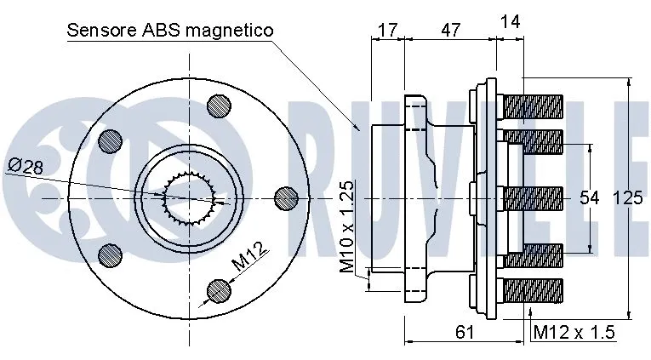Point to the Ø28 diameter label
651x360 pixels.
25,166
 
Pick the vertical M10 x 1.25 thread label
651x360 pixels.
347,226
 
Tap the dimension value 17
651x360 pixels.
388,30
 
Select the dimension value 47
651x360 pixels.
450,30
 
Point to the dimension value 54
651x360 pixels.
591,198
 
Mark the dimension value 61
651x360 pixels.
465,332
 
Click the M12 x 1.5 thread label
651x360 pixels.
573,332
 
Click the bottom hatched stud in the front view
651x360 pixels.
219,290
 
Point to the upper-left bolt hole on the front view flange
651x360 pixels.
108,141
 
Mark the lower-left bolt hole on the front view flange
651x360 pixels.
108,254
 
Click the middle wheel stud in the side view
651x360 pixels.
534,198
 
